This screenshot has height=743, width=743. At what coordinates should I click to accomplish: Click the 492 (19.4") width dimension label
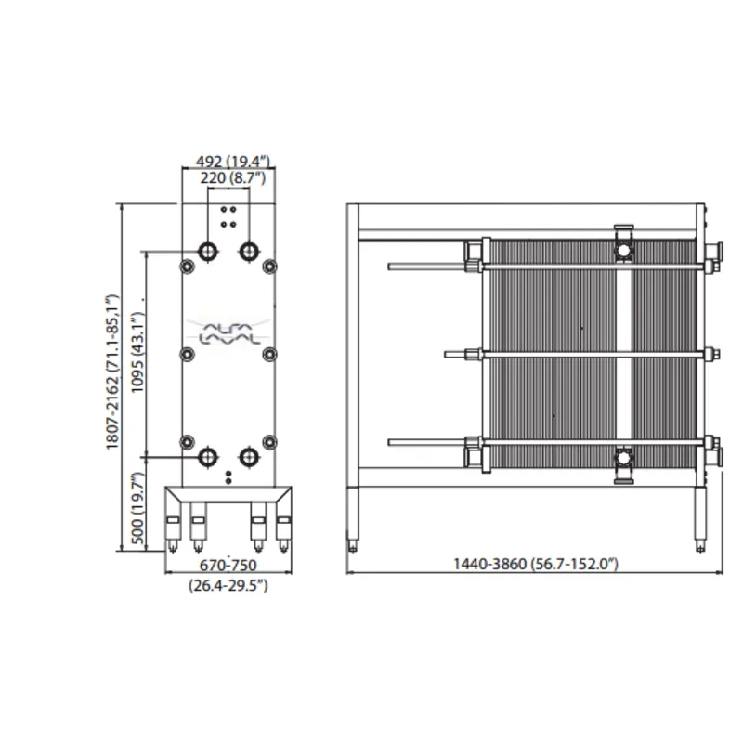(233, 162)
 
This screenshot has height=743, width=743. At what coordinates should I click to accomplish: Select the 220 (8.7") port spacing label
(233, 178)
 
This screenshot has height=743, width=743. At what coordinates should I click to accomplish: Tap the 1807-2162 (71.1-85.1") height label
(112, 372)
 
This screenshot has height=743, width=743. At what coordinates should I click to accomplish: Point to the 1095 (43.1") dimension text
(137, 352)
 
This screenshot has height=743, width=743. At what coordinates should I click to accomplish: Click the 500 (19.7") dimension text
(137, 507)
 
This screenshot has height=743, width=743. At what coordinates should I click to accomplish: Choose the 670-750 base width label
(228, 566)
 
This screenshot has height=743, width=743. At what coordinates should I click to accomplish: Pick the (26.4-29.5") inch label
(228, 585)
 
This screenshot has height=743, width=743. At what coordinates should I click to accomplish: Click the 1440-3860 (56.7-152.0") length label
(536, 564)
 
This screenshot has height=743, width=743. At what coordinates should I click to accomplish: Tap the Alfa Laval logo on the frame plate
(229, 332)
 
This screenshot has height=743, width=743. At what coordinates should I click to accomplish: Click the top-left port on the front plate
(207, 251)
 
